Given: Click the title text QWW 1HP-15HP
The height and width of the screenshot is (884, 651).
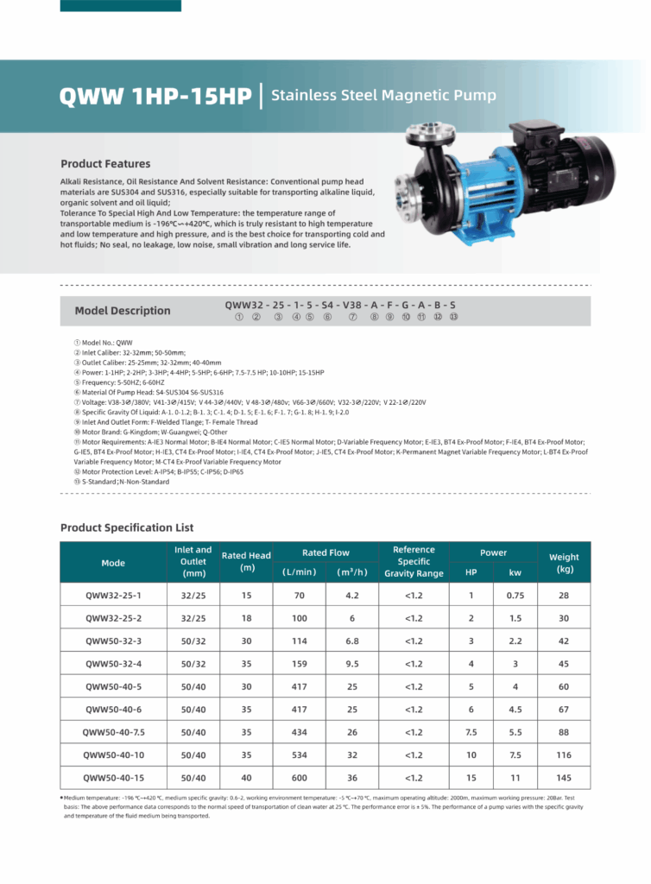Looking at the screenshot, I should tap(155, 96).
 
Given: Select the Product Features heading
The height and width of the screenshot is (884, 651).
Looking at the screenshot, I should tap(105, 164).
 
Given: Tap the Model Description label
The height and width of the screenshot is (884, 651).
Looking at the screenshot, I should tap(122, 311).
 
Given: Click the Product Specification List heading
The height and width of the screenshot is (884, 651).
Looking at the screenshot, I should tap(127, 527).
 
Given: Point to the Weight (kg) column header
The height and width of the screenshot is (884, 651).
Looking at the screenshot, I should tap(565, 563).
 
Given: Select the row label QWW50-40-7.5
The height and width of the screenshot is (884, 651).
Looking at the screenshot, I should tap(113, 731).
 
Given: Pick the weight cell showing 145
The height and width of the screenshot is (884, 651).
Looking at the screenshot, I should tap(565, 777).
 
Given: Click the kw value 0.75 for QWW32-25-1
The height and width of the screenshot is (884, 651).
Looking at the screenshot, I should tap(515, 596).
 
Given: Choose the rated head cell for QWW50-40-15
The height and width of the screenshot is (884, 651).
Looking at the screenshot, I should tap(246, 777).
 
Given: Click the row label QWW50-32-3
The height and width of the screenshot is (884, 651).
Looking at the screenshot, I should tap(113, 641).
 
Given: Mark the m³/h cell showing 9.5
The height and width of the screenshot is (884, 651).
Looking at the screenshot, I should tap(352, 664).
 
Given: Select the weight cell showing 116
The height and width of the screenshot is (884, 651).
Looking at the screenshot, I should tap(565, 755).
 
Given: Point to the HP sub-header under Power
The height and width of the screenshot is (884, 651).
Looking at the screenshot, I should tap(471, 572).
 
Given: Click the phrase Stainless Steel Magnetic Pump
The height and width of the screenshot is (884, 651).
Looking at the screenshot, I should tap(383, 96).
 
